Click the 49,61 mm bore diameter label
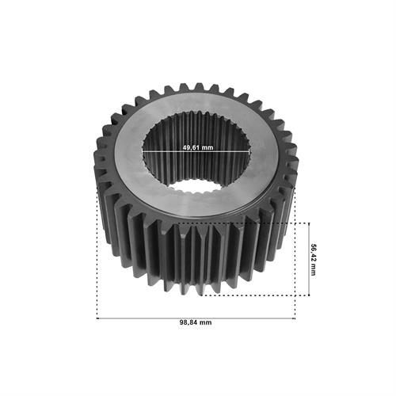(x=198, y=147)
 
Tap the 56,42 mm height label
(x=313, y=260)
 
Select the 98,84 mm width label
(x=196, y=322)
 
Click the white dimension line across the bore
(x=196, y=151)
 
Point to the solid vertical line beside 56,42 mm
(x=309, y=259)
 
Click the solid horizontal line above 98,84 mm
(x=196, y=318)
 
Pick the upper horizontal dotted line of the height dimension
(x=243, y=223)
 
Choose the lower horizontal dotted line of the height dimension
(x=255, y=295)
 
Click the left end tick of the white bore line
(x=143, y=151)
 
